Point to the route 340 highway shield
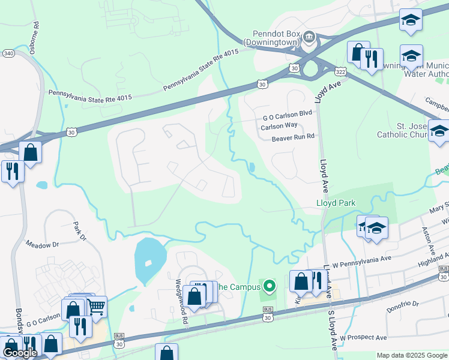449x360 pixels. tap(8, 53)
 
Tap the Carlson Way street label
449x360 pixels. tap(279, 125)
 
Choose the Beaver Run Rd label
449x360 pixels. tap(293, 137)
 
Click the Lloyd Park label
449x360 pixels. tap(336, 203)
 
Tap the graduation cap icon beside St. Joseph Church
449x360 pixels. tap(439, 130)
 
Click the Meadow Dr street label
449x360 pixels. tap(42, 244)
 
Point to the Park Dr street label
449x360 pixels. tap(79, 231)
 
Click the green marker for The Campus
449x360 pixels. tap(270, 286)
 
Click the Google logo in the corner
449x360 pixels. tap(20, 353)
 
